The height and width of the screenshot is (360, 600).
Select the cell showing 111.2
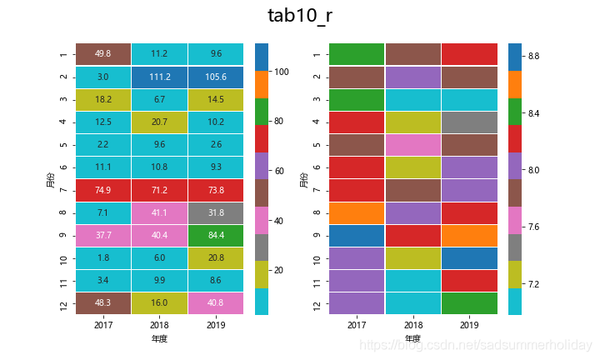[159, 77]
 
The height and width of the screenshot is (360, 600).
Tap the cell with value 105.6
[216, 77]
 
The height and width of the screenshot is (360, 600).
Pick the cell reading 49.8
[103, 54]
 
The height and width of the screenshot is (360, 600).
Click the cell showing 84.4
[216, 235]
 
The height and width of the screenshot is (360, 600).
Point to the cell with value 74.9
[103, 190]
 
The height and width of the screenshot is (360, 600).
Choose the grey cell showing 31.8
[216, 212]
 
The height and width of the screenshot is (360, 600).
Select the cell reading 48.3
[103, 303]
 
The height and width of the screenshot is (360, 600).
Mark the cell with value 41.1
[159, 212]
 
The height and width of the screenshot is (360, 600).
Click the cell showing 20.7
[159, 122]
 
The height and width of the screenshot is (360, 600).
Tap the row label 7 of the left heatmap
[62, 190]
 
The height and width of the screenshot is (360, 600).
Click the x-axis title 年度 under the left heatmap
[159, 339]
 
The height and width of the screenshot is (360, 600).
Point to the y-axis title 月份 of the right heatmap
[302, 178]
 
